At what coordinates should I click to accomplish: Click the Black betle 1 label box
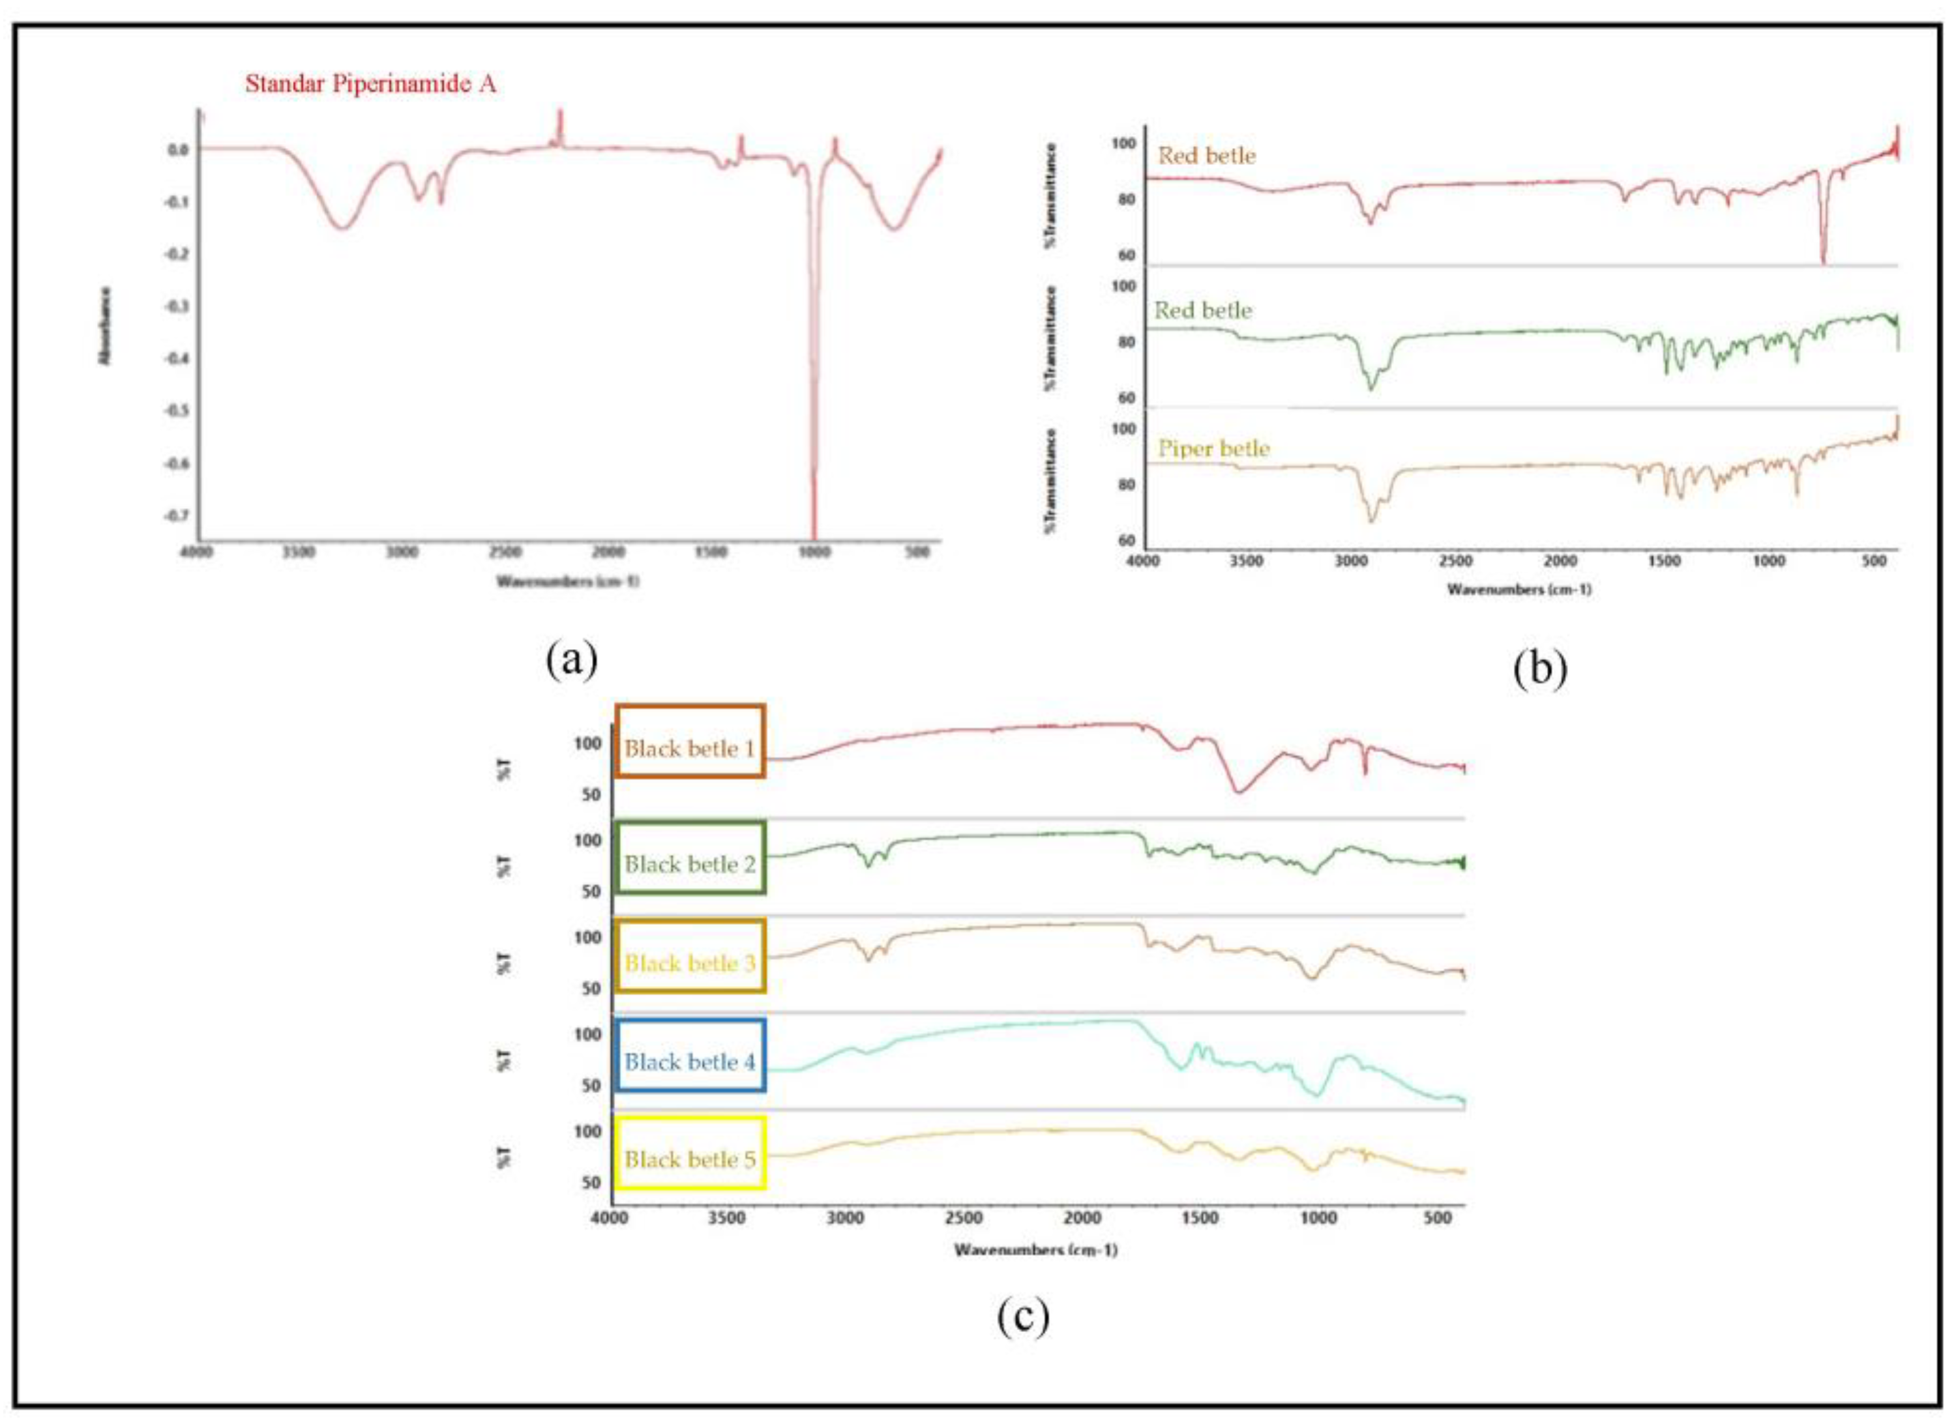coord(690,742)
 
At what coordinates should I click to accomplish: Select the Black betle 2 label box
coord(690,858)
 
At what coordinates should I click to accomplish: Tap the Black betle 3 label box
coord(690,956)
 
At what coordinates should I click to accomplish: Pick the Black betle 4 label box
coord(690,1055)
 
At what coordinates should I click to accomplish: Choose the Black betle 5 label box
coord(690,1153)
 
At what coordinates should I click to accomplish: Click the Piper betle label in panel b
coord(1213,448)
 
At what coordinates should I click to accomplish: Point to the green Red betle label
coord(1203,310)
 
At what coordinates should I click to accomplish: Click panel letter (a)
coord(571,661)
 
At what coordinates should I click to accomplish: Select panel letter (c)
coord(1023,1316)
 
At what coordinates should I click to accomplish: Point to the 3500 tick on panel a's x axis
coord(299,553)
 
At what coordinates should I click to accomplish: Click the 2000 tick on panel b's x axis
coord(1560,561)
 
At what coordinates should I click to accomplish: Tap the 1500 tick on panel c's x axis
coord(1200,1218)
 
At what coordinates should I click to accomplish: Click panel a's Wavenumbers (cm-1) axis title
coord(567,581)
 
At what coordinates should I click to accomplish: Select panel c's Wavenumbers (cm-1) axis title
coord(1035,1249)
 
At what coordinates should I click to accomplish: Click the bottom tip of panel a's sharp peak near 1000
coord(813,536)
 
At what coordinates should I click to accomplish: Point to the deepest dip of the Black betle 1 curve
coord(1238,792)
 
